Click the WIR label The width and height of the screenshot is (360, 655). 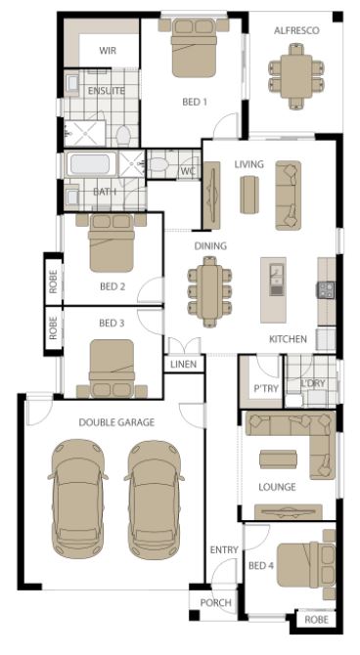(108, 51)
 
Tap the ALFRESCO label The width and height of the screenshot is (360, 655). (296, 30)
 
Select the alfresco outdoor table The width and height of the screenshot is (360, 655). (296, 76)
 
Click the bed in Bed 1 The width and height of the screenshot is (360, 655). (194, 48)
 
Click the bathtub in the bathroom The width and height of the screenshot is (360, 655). (91, 164)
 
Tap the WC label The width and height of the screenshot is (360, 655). (188, 171)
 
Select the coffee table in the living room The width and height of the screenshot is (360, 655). (249, 195)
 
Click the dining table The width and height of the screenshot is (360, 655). (210, 290)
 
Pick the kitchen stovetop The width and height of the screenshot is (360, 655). (326, 290)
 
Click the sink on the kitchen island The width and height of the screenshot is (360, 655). (276, 280)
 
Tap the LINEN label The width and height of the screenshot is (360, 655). (184, 365)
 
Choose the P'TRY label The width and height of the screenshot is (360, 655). (266, 389)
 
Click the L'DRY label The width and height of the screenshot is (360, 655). (313, 384)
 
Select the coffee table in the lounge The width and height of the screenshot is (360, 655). (278, 459)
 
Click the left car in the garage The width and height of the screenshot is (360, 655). (78, 499)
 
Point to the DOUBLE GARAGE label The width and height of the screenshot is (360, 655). (116, 422)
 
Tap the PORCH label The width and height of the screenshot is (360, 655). (216, 603)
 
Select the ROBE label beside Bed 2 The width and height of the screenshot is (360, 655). (53, 282)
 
